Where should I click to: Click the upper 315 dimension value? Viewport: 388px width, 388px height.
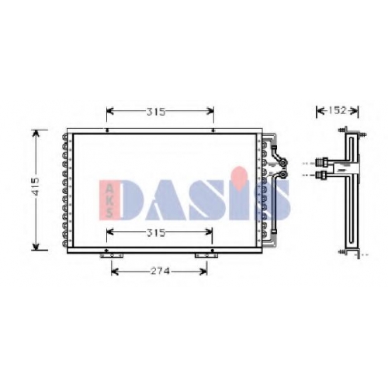pyautogui.click(x=156, y=112)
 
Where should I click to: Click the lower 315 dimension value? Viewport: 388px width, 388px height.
pyautogui.click(x=156, y=233)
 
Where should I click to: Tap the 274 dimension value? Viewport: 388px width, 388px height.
pyautogui.click(x=160, y=271)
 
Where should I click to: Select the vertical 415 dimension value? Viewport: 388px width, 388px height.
pyautogui.click(x=35, y=186)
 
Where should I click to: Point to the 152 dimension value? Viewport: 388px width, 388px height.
pyautogui.click(x=338, y=111)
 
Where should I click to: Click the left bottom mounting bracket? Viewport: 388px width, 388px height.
pyautogui.click(x=112, y=255)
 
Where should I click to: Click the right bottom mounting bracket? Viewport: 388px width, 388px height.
pyautogui.click(x=206, y=255)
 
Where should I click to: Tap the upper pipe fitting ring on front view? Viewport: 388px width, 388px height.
pyautogui.click(x=284, y=163)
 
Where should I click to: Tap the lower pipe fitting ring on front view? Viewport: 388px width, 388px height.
pyautogui.click(x=284, y=175)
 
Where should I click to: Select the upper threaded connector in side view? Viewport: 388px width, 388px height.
pyautogui.click(x=322, y=162)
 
